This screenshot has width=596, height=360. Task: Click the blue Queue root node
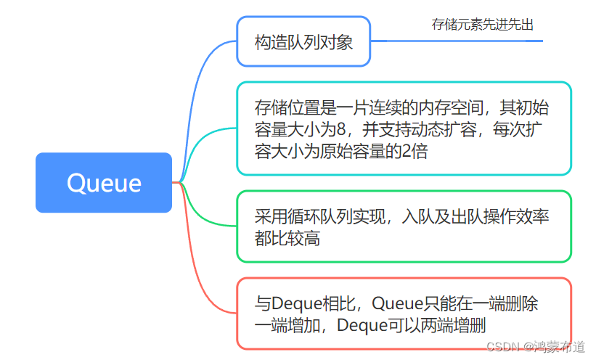[104, 182]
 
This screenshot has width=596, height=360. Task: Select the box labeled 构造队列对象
[303, 42]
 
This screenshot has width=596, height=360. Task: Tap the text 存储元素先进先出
[483, 25]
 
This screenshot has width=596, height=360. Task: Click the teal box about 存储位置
[404, 128]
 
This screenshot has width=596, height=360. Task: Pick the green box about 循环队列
[404, 226]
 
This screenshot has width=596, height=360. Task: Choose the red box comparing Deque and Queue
[404, 314]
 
